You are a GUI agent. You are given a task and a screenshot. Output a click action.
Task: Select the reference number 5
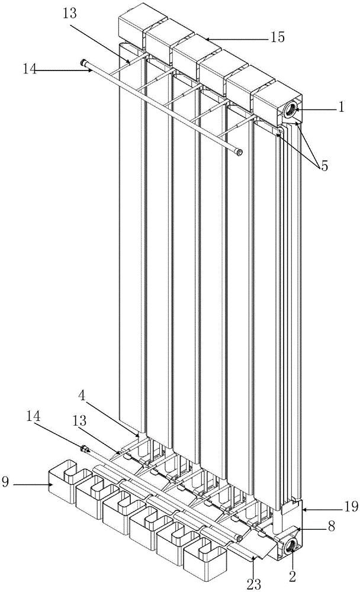324,166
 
